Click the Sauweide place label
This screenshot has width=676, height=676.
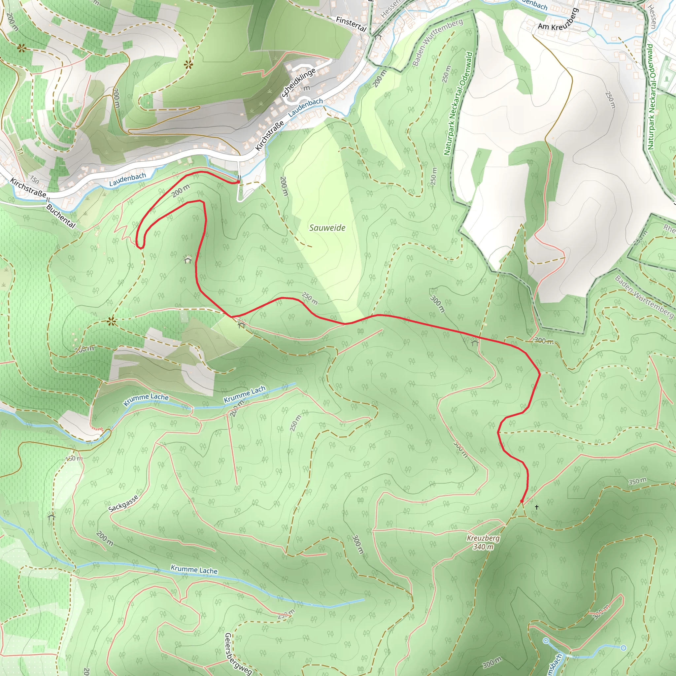pos(327,228)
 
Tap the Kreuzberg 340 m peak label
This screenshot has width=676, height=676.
pos(483,542)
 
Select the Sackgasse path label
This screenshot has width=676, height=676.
pos(123,503)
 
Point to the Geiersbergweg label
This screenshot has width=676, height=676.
pos(238,653)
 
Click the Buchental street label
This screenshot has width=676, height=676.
pos(60,216)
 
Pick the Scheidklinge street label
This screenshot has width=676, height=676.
pos(298,82)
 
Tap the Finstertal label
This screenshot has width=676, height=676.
pos(351,24)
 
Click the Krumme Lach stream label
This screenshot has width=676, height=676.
pos(245,394)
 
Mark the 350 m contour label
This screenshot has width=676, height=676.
pos(637,482)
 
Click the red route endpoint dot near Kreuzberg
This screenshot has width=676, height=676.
pos(522,501)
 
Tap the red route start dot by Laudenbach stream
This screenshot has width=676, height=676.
pos(239,182)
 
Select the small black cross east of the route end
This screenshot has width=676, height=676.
pos(536,507)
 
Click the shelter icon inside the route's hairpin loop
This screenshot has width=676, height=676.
pos(188,260)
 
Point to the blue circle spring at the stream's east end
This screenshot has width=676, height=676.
pos(623,648)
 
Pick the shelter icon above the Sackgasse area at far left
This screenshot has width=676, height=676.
pos(52,516)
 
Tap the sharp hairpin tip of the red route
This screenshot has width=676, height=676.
pos(141,247)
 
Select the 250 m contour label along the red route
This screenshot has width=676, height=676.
pos(310,298)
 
